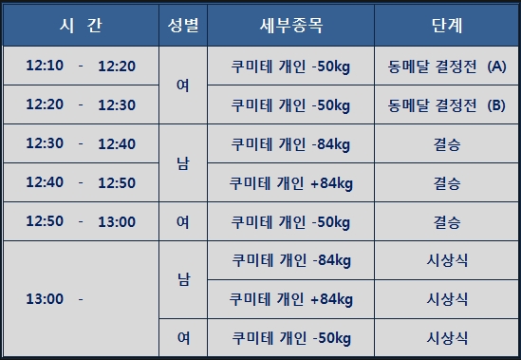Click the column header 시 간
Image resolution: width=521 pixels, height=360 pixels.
(x=81, y=26)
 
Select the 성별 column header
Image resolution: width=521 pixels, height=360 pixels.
(x=183, y=26)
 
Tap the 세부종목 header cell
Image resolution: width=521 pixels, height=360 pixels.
(x=291, y=26)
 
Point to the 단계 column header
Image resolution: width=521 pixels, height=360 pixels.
(x=447, y=26)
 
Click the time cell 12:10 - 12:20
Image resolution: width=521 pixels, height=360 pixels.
(x=81, y=66)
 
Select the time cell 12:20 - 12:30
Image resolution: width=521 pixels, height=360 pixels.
(x=81, y=104)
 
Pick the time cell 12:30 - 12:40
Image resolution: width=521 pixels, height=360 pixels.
(x=81, y=143)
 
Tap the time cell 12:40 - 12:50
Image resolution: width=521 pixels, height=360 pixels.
(x=81, y=182)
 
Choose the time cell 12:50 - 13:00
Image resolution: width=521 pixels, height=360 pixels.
(x=81, y=221)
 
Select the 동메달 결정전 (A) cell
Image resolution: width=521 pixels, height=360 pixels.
(x=447, y=66)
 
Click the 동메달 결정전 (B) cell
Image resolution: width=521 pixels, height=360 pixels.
(x=447, y=105)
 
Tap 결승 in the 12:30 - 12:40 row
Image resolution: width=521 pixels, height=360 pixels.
(x=447, y=144)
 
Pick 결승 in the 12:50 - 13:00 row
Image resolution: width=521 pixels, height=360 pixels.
(x=447, y=222)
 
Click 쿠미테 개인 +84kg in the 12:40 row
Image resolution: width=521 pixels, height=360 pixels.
(x=291, y=183)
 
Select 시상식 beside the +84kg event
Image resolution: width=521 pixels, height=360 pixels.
(x=447, y=299)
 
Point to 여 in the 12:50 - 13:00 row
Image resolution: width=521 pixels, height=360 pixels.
(x=183, y=222)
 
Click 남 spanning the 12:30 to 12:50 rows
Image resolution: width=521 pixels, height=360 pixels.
(x=183, y=163)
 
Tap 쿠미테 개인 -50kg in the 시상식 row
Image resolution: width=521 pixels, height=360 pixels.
(x=291, y=338)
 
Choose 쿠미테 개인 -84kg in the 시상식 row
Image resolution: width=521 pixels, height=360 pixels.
(x=291, y=260)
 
